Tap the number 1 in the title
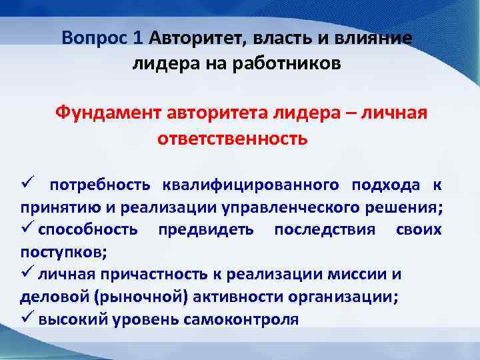click(138, 37)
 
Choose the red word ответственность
click(233, 139)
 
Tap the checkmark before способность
click(26, 229)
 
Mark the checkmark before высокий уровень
click(26, 319)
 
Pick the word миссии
click(366, 275)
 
